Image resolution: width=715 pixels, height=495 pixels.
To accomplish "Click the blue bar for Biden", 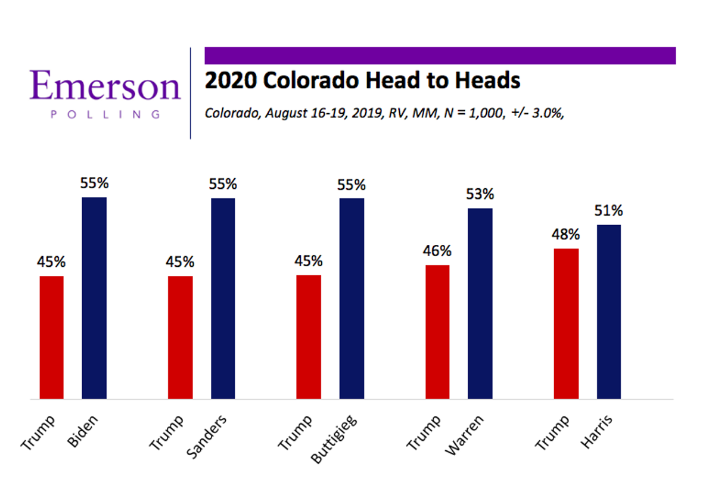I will tap(94, 298).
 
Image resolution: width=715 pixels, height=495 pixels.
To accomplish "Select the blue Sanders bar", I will tap(223, 298).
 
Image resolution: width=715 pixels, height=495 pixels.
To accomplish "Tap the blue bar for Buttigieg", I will tap(352, 298).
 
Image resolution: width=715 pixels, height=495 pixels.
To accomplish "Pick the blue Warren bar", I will tap(480, 303).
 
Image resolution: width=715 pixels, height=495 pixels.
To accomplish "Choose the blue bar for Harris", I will tap(608, 312).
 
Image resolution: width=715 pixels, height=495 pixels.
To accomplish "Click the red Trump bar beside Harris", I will tap(566, 323).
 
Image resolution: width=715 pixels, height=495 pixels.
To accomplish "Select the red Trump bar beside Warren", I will tap(437, 332).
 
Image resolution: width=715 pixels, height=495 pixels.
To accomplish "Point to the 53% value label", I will tap(480, 194).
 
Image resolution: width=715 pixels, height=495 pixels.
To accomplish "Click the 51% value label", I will tap(608, 210).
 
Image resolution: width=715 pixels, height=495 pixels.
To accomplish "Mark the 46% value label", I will tap(437, 251).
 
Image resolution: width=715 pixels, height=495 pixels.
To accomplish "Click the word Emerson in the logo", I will tap(105, 86).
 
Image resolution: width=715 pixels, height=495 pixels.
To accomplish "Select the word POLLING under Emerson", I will tap(105, 114).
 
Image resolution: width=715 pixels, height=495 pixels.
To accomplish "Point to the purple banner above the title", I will tap(440, 55).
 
